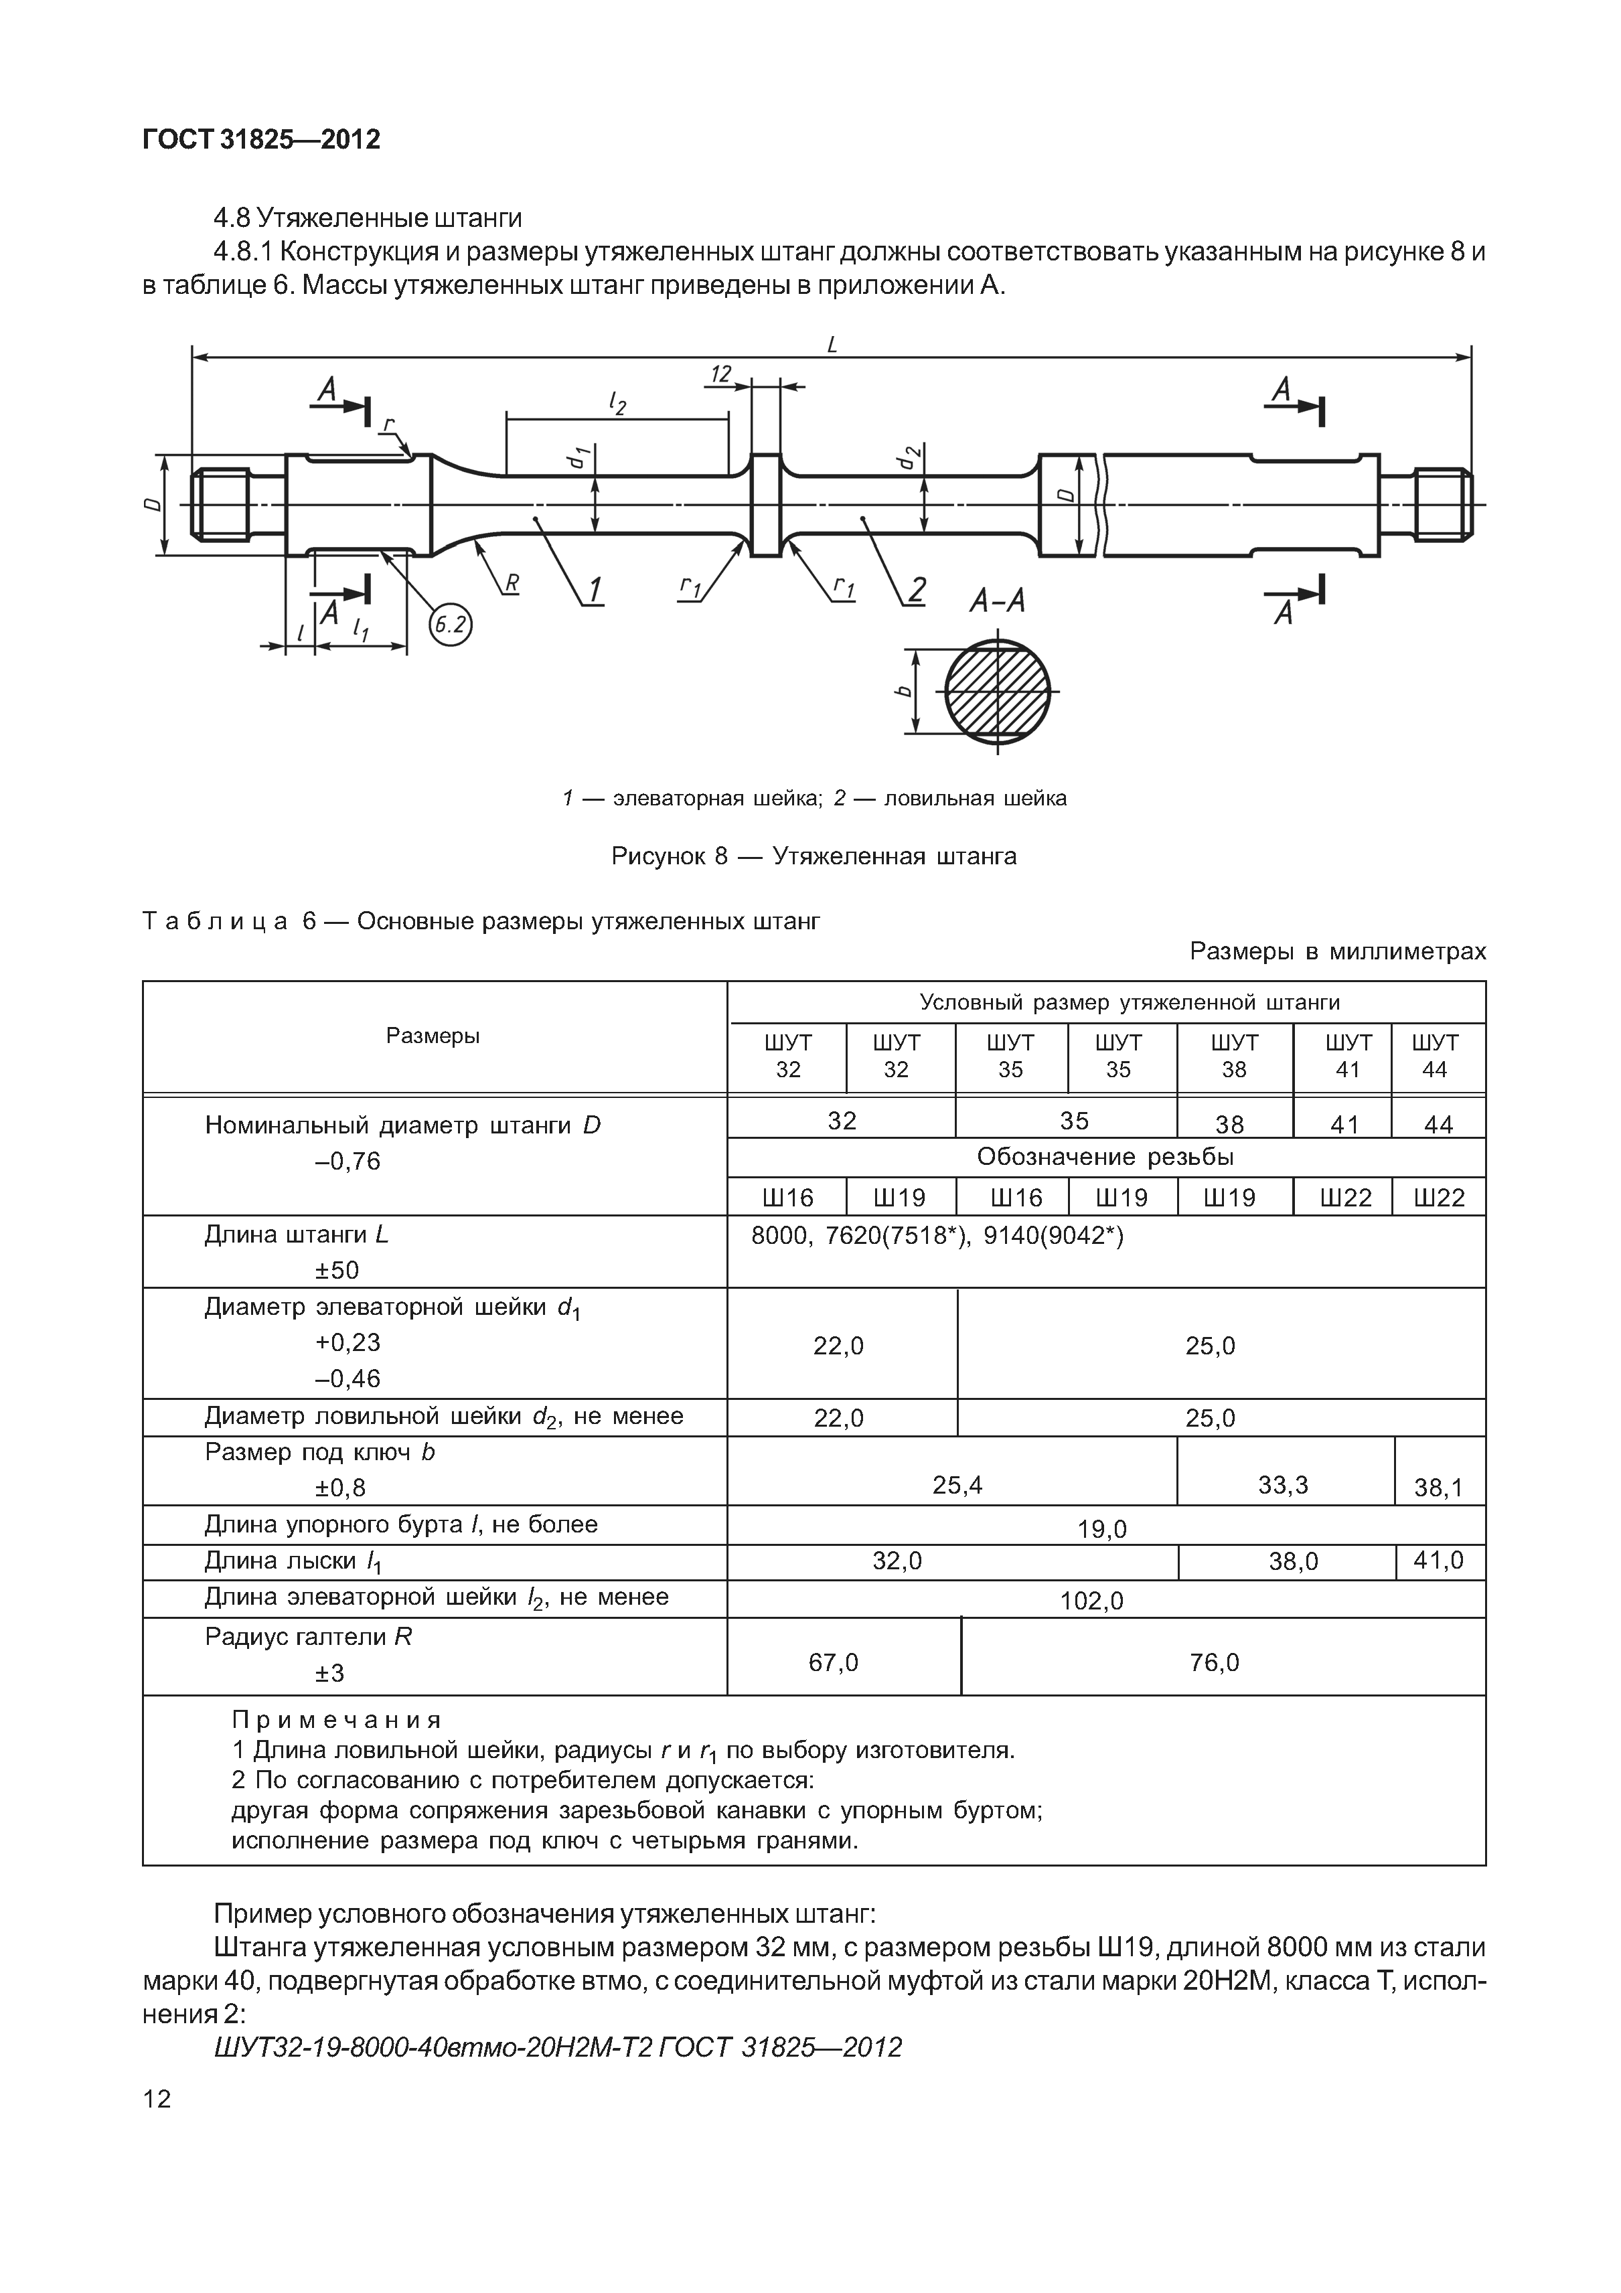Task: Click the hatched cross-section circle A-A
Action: click(x=998, y=691)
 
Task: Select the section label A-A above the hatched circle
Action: click(x=997, y=601)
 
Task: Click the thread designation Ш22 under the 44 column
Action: click(x=1438, y=1198)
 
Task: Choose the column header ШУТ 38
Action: click(x=1235, y=1056)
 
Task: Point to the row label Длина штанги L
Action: click(x=297, y=1235)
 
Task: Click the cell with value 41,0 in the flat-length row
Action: click(x=1438, y=1560)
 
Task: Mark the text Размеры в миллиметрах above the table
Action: click(x=1337, y=952)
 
